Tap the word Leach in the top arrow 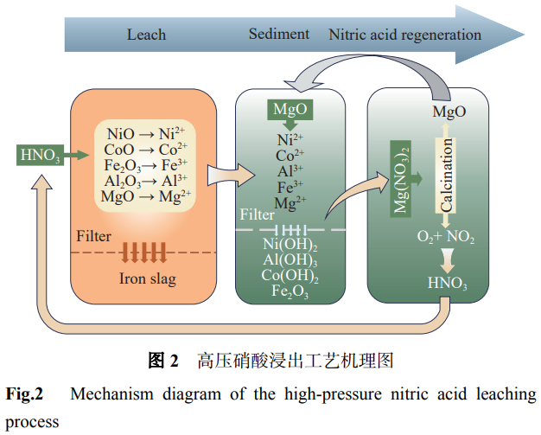(x=146, y=35)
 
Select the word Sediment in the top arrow (x=279, y=34)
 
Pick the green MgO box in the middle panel (x=290, y=110)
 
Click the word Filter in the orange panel (x=94, y=236)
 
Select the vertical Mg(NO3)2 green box (x=400, y=178)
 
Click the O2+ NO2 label (x=446, y=237)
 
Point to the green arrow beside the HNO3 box (x=76, y=156)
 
